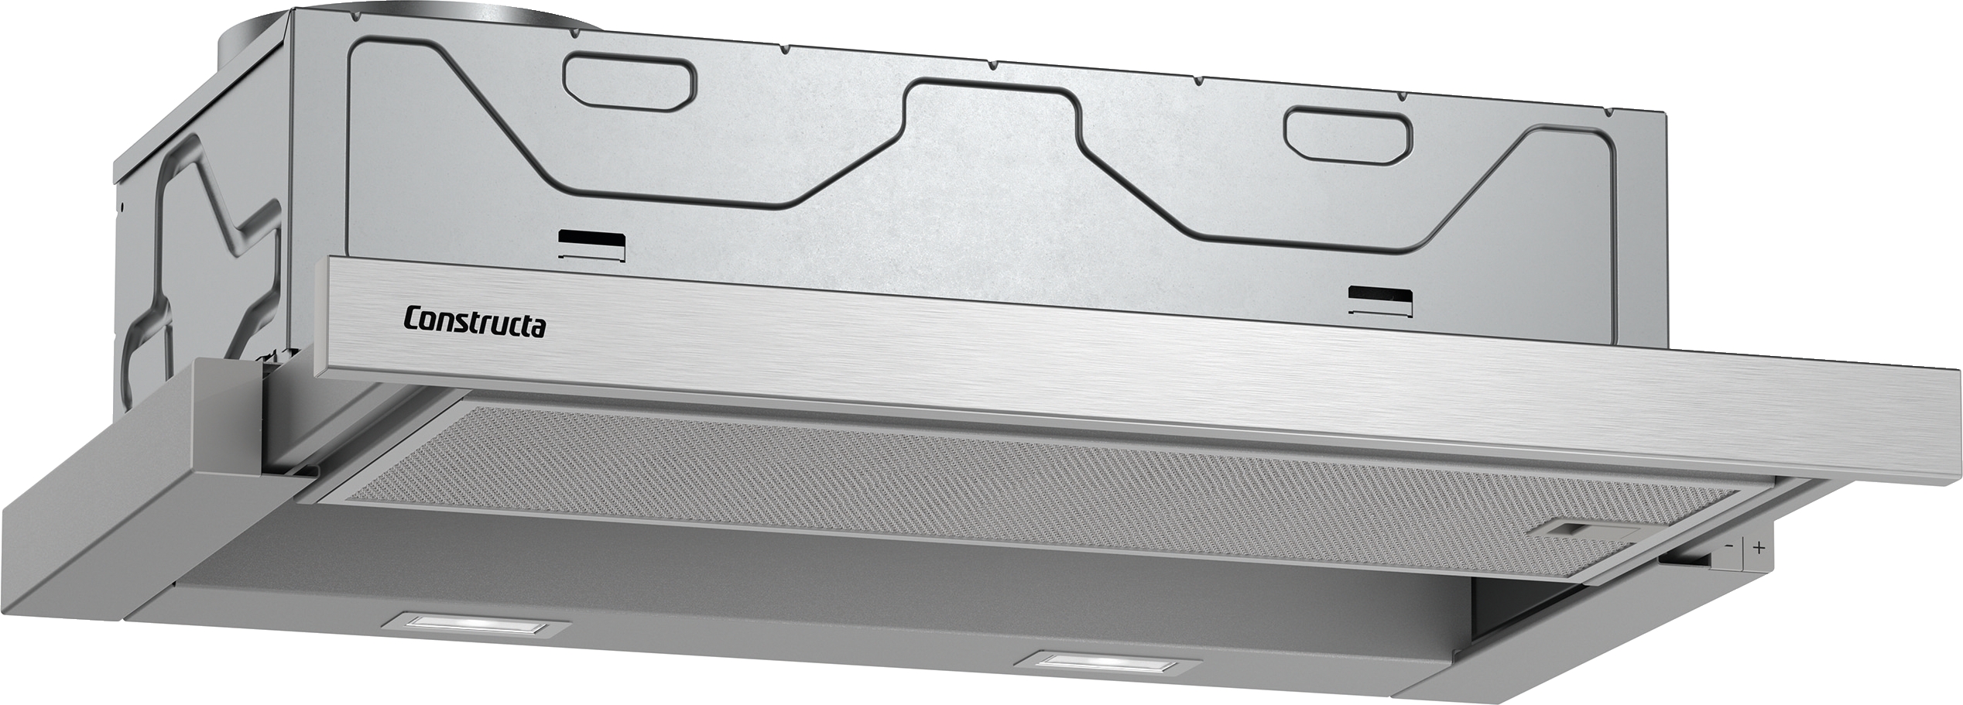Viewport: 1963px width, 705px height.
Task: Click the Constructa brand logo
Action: pos(474,322)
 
